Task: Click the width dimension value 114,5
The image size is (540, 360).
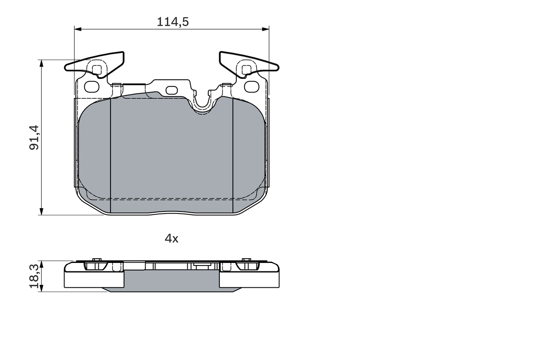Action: pyautogui.click(x=173, y=22)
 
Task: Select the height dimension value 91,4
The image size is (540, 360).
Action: pyautogui.click(x=34, y=137)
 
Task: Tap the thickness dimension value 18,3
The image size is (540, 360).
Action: pyautogui.click(x=35, y=276)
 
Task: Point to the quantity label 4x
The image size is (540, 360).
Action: pyautogui.click(x=171, y=238)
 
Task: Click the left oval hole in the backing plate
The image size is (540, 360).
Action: pyautogui.click(x=92, y=87)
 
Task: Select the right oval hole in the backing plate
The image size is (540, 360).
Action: pyautogui.click(x=251, y=87)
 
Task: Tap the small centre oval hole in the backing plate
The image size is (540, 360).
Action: pyautogui.click(x=172, y=90)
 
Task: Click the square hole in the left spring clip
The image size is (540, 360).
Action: pyautogui.click(x=97, y=70)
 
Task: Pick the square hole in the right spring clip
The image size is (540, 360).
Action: pyautogui.click(x=246, y=70)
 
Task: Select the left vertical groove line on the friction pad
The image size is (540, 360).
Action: pyautogui.click(x=110, y=156)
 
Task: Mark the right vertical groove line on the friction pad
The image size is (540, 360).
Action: pyautogui.click(x=233, y=156)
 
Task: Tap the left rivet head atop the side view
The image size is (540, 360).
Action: pyautogui.click(x=97, y=260)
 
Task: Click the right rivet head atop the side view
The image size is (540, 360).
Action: pyautogui.click(x=246, y=260)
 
